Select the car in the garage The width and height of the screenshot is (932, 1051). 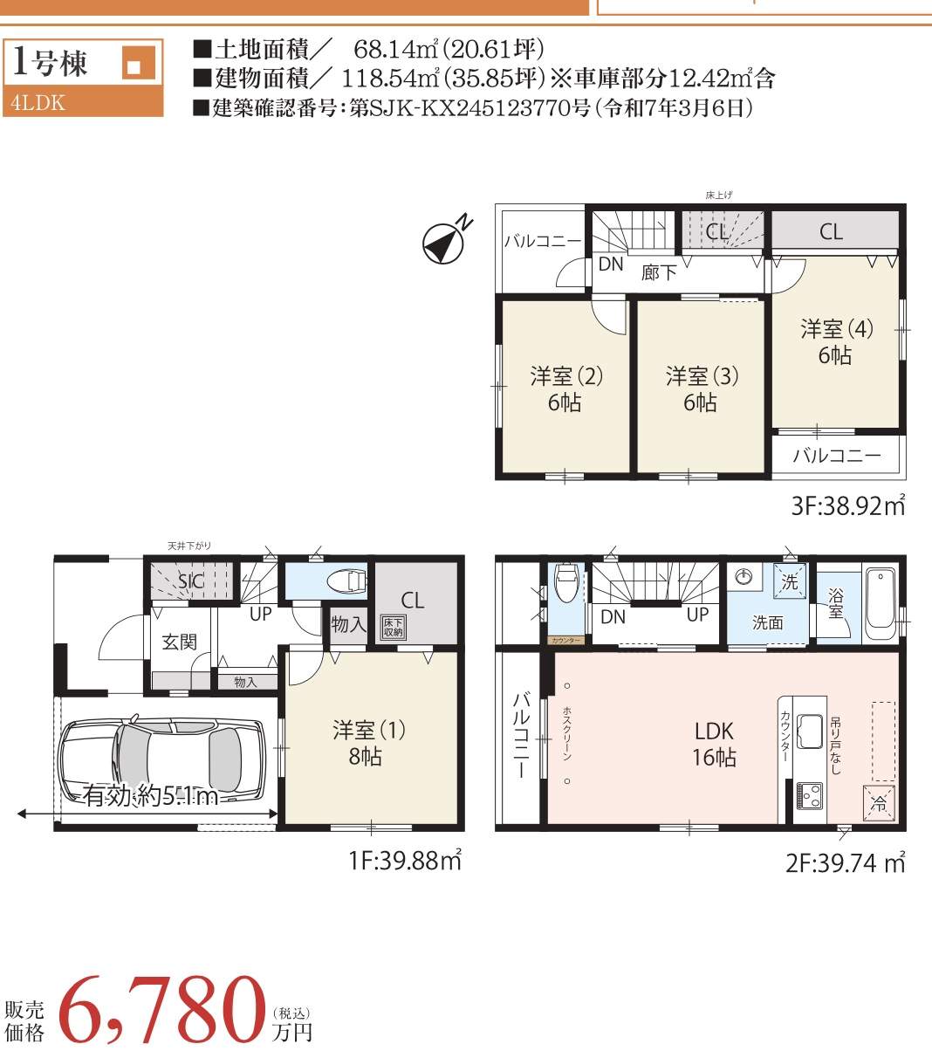click(162, 755)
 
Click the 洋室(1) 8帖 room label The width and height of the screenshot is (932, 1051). click(368, 742)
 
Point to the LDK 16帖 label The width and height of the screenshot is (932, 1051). click(714, 744)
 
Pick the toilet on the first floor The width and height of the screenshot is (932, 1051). click(347, 580)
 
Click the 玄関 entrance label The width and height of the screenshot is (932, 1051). click(179, 642)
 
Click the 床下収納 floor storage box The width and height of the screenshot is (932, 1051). click(393, 626)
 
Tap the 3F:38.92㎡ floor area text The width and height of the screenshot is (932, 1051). click(847, 505)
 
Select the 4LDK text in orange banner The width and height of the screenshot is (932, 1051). click(38, 102)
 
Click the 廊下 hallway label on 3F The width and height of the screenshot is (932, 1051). click(659, 272)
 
